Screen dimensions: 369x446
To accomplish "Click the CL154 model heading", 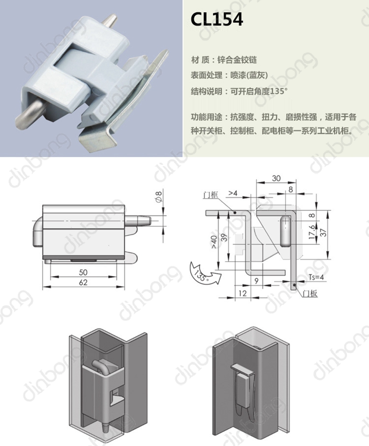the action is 217,19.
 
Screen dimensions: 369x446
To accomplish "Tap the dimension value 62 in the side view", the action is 83,282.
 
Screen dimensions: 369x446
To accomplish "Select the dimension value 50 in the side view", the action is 83,272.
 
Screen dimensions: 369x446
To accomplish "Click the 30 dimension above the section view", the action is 276,178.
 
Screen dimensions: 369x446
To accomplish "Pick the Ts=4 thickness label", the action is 316,277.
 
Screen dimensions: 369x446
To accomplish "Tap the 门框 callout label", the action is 211,195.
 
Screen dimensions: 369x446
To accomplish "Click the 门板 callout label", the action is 310,293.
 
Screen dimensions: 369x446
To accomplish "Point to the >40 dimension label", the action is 214,242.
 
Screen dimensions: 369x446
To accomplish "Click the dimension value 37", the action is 323,233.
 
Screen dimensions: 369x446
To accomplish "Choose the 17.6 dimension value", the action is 312,232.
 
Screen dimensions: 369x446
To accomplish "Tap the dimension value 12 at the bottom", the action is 242,293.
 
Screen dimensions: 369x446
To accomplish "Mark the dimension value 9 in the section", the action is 256,281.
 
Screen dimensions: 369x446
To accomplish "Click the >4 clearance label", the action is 233,193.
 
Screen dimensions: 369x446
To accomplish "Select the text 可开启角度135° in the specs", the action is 259,91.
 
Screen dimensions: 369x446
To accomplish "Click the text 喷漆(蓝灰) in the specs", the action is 249,75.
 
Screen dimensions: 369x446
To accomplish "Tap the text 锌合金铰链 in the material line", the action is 237,60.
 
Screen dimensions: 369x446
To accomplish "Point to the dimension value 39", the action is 224,237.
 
